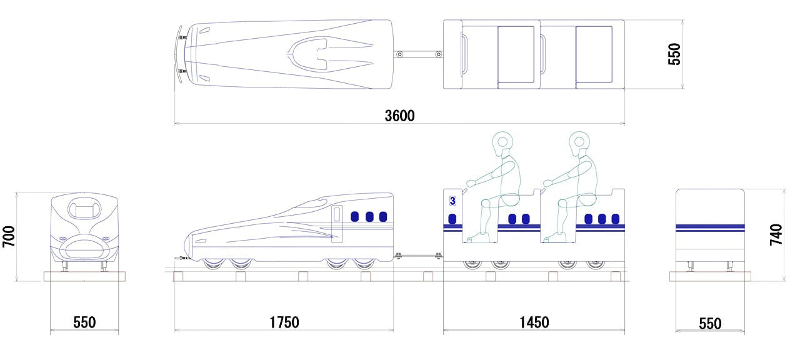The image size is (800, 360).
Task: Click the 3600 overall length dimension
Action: [x=399, y=116]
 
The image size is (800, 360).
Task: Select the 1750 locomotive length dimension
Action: [x=284, y=322]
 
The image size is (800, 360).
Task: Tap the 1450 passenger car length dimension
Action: [x=534, y=322]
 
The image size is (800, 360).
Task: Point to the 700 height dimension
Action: [x=9, y=236]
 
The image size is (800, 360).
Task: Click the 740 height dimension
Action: [x=776, y=234]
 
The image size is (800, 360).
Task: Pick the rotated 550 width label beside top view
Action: [x=674, y=54]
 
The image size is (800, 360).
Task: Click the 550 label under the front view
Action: [x=84, y=322]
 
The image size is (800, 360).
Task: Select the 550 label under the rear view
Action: [x=710, y=324]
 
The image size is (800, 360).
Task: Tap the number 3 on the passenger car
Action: [x=452, y=201]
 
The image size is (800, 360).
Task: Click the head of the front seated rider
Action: [x=502, y=142]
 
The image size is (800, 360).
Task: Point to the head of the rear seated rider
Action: [x=579, y=142]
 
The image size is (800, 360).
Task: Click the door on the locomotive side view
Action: [x=337, y=224]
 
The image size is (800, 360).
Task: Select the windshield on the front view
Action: [x=84, y=207]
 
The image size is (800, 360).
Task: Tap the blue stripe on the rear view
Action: [x=710, y=228]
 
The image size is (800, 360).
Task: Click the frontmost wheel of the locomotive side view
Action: [x=214, y=264]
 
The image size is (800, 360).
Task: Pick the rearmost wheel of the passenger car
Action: [x=596, y=264]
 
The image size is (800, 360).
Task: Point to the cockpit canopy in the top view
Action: [x=308, y=54]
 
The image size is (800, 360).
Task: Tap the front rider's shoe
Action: [x=479, y=238]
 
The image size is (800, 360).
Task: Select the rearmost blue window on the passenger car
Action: [x=616, y=219]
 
